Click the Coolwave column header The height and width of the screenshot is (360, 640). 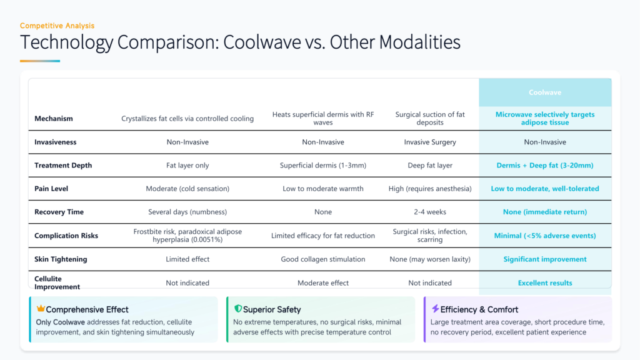click(x=545, y=92)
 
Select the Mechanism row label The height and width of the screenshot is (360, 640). click(x=54, y=119)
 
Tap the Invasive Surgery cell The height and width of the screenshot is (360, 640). click(x=430, y=142)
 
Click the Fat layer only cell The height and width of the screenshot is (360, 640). click(x=187, y=166)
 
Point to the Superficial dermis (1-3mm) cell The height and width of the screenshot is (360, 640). click(x=323, y=166)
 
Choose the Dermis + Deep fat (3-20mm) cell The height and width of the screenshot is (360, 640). click(x=545, y=166)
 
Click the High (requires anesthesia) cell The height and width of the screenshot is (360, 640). click(x=430, y=189)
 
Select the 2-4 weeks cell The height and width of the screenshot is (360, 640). click(x=430, y=212)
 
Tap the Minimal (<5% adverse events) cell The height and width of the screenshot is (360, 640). click(x=545, y=236)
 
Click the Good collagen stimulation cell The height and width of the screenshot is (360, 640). click(x=323, y=259)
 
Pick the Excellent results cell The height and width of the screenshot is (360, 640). click(x=545, y=283)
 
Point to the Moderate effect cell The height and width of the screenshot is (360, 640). click(x=323, y=283)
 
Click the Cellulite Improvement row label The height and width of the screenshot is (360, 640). click(x=57, y=282)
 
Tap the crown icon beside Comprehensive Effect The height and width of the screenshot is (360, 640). click(x=41, y=309)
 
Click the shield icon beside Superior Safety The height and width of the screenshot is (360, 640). click(x=237, y=309)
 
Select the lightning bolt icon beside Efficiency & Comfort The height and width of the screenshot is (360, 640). click(x=435, y=309)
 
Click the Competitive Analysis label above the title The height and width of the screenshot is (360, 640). click(x=57, y=26)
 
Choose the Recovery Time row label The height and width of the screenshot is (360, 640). click(x=59, y=212)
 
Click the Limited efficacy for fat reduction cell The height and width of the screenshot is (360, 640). click(x=323, y=236)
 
